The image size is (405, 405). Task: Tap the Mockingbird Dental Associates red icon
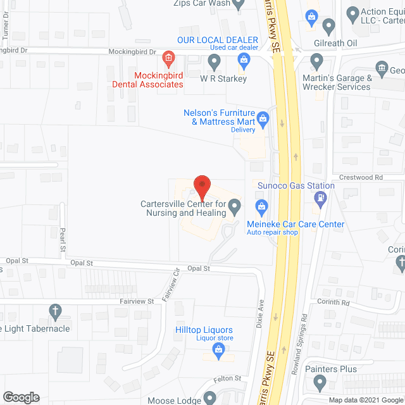pos(168,59)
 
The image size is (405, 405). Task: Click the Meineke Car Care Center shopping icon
pos(260,206)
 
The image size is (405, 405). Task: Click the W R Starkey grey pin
pos(214,62)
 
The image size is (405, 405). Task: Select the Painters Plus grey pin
pos(320,383)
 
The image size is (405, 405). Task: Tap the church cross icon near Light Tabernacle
pos(55,311)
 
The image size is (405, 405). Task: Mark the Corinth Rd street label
pos(333,302)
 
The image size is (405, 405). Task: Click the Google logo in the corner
pos(20,397)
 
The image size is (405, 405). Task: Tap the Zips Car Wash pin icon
pos(239,6)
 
